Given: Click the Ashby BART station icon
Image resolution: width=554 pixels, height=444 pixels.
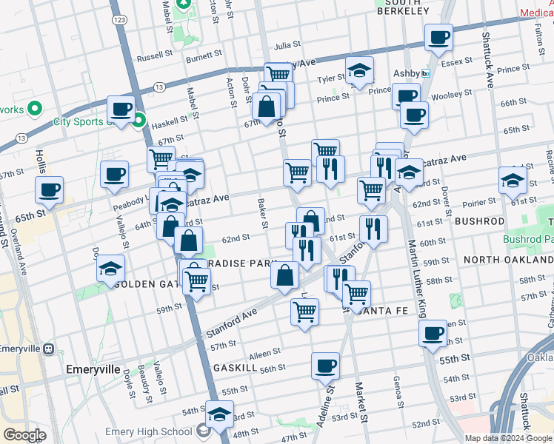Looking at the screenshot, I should pos(425,73).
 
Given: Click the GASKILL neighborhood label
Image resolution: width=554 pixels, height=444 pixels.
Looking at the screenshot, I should pos(235,368).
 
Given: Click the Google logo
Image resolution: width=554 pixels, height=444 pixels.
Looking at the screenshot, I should pos(24,435).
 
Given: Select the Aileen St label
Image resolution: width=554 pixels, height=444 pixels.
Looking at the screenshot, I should pos(265,353).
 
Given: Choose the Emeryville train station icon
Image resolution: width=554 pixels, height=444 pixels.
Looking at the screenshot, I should pos(49,349).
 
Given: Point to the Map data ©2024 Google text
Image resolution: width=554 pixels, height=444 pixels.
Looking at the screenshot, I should pos(508,438).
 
